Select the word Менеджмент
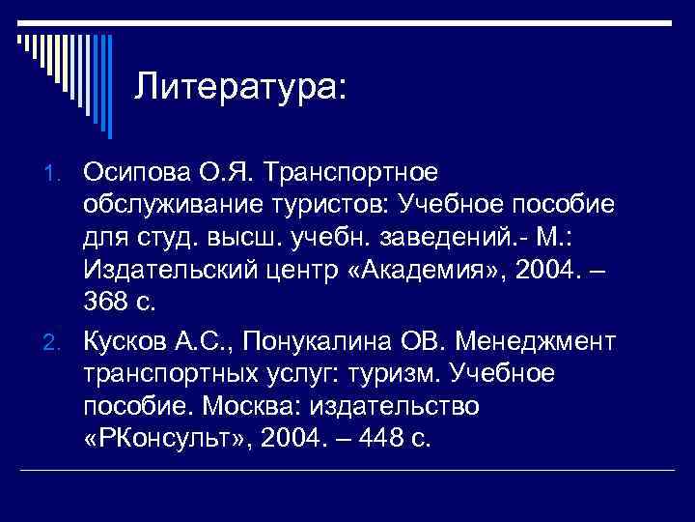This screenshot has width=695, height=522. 536,340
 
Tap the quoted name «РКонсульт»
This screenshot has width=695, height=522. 162,440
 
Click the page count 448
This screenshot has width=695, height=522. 375,440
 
